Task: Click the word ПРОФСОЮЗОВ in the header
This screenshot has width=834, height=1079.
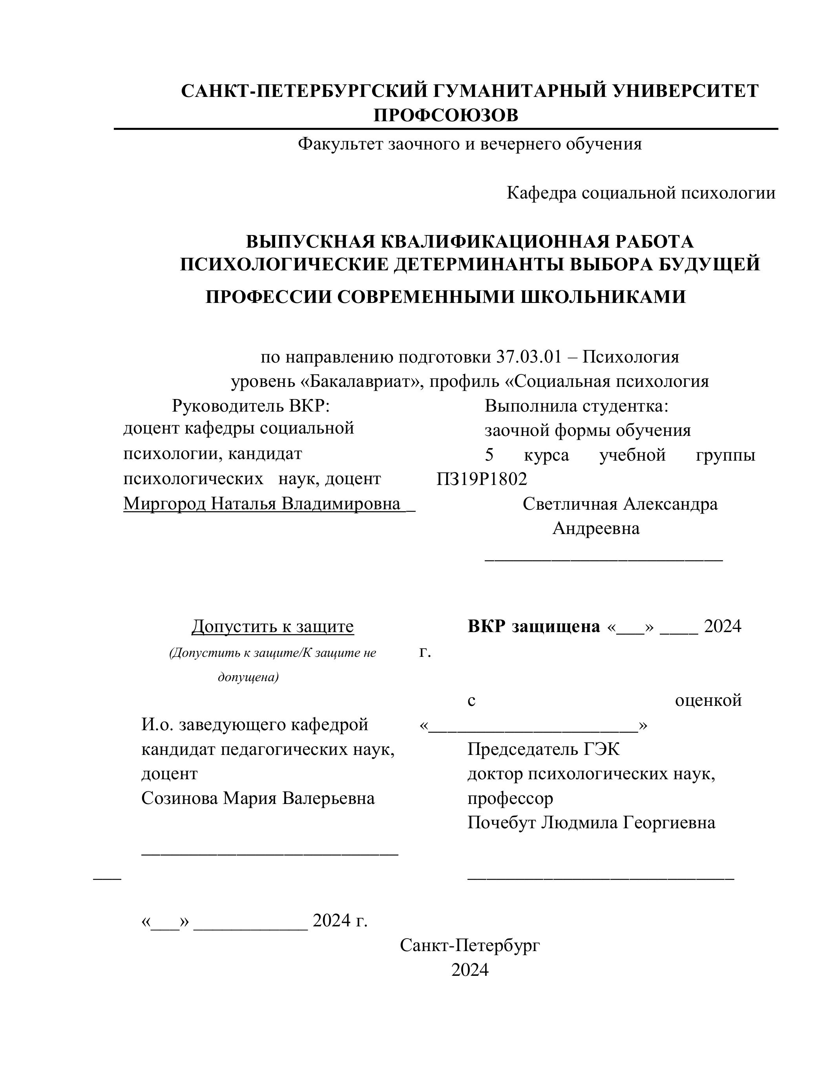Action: (446, 116)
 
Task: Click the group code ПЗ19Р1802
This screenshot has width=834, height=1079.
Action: (482, 479)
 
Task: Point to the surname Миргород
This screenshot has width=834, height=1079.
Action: (164, 503)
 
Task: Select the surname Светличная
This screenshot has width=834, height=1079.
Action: (569, 504)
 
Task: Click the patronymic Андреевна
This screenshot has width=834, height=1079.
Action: (596, 528)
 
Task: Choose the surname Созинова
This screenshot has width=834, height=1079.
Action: (179, 798)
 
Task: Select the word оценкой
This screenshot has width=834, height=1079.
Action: (708, 700)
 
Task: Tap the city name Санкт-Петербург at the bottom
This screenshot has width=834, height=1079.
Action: (470, 945)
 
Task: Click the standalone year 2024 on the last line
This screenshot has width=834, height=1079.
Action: (470, 970)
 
